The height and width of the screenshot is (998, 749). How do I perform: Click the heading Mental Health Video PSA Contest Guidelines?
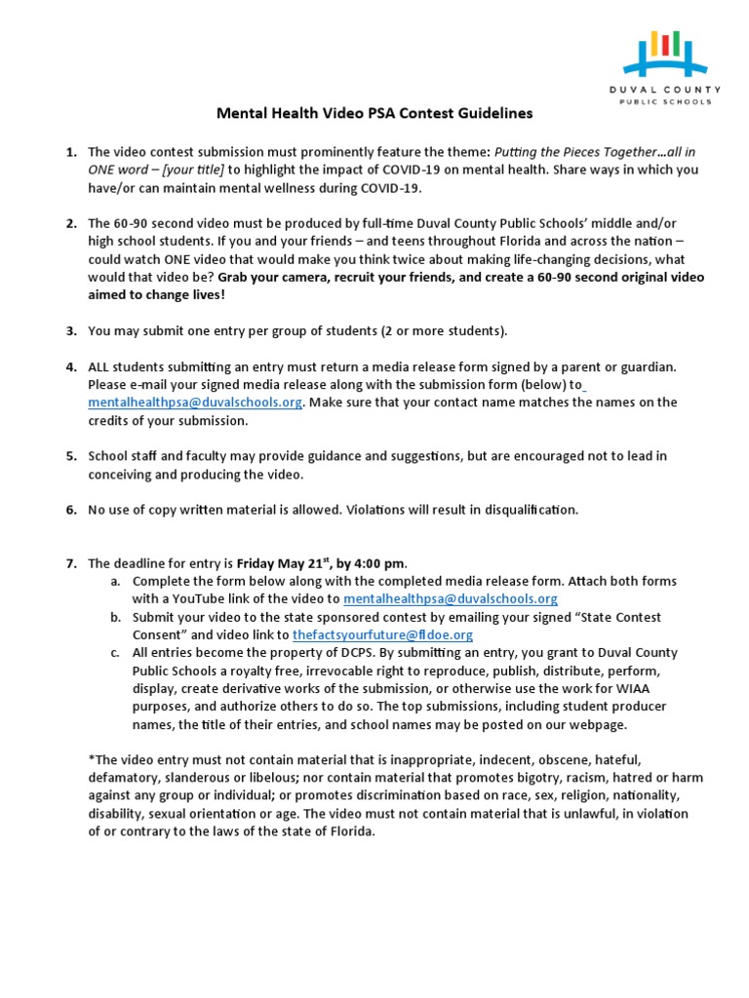(x=374, y=113)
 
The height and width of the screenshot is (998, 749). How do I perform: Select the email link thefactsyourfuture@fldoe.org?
(x=369, y=634)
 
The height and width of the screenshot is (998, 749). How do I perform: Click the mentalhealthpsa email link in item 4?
(x=195, y=403)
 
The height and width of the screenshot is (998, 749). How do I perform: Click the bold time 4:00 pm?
(x=379, y=563)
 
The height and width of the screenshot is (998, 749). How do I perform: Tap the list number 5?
(x=71, y=456)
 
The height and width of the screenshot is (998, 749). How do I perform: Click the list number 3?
(x=71, y=330)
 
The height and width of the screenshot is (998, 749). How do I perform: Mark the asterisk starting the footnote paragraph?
(x=91, y=760)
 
